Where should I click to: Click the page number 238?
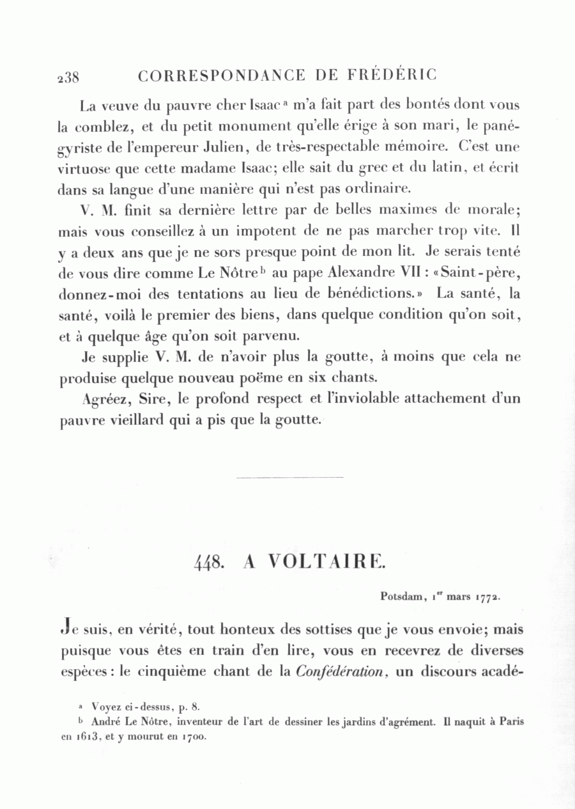coord(68,77)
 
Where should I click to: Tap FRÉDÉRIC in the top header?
coord(392,75)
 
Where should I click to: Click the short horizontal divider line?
coord(289,476)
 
